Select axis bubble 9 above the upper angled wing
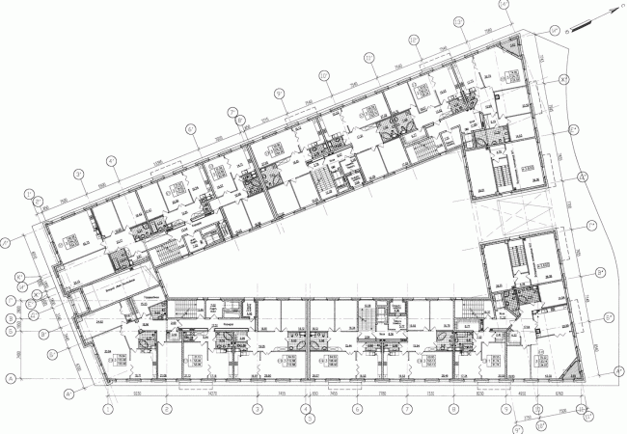279,94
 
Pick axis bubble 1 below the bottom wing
108,409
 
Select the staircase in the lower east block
515,258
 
